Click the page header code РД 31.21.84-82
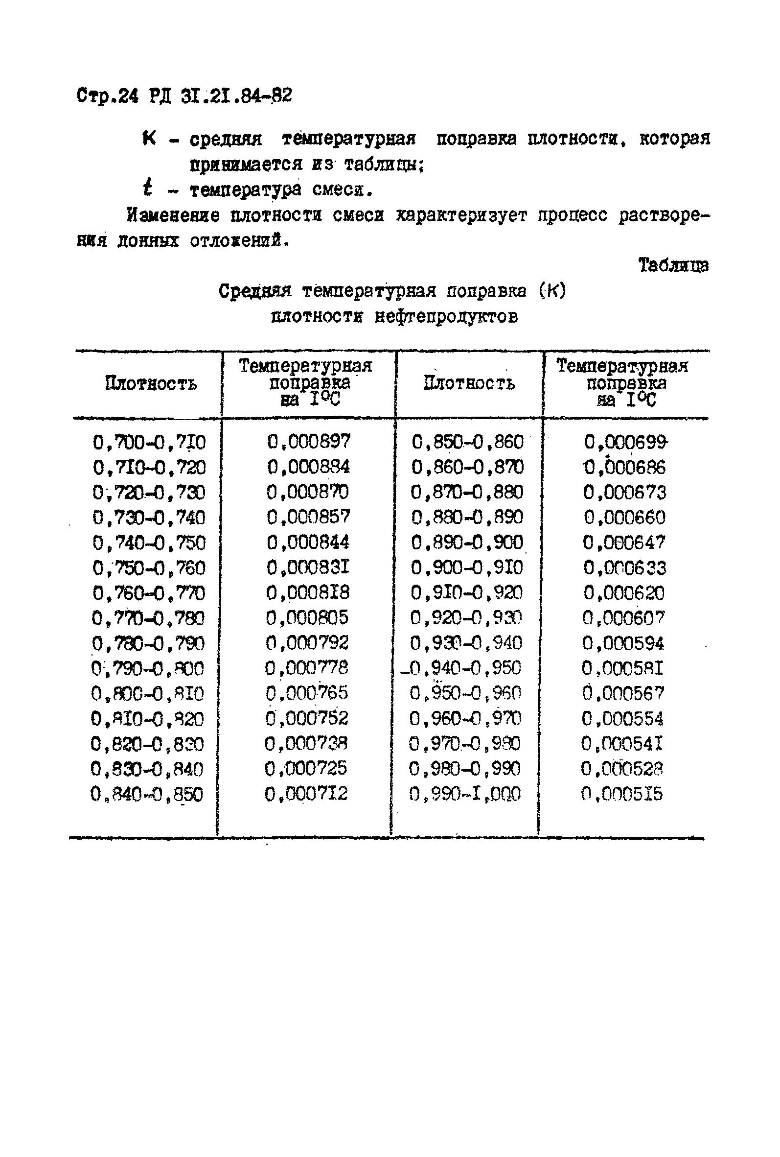point(220,95)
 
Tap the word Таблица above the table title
point(673,265)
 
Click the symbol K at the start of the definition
point(149,138)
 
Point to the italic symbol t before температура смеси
point(147,189)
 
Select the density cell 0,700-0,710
point(149,442)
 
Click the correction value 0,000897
point(308,441)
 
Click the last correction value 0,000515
point(622,793)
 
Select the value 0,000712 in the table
point(306,793)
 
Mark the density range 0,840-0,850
point(147,794)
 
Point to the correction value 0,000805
point(307,617)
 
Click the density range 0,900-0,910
point(467,567)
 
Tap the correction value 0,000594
point(623,643)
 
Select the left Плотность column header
point(151,384)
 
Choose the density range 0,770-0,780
point(148,618)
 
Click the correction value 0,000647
point(624,542)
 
